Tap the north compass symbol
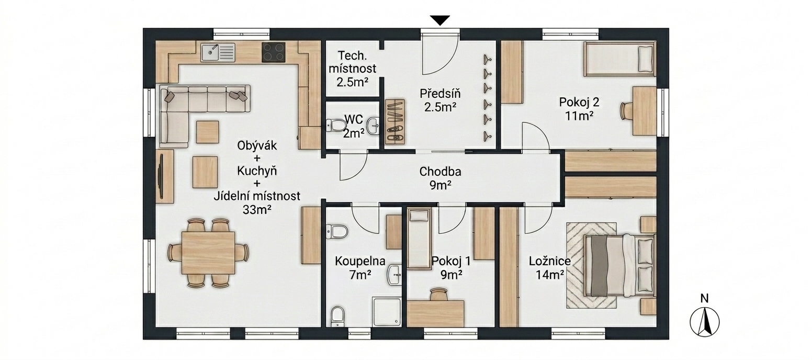coord(704,322)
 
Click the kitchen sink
coord(218,52)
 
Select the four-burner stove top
coord(273,52)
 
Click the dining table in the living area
coord(208,253)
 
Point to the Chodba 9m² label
coord(440,178)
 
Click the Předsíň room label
coord(440,94)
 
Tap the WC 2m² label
coord(354,126)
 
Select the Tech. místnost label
coord(352,62)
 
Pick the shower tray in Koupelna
coord(387,311)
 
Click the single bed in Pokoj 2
coord(619,59)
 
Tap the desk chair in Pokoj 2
coord(627,110)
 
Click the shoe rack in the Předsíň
coord(395,121)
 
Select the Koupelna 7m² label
coord(360,268)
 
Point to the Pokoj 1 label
coord(451,261)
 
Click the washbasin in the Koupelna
coord(394,274)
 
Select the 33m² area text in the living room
coord(257,209)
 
